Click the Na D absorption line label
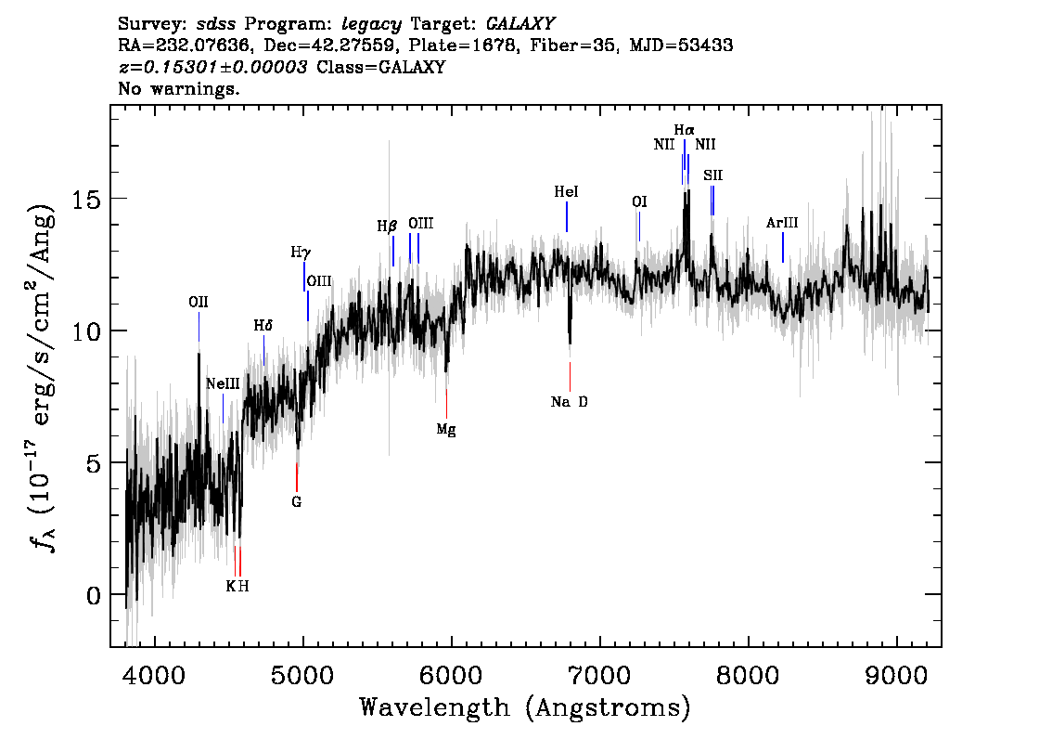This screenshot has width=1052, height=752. point(569,402)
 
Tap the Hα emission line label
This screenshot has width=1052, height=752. point(684,130)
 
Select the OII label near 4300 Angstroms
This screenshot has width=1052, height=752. point(198,302)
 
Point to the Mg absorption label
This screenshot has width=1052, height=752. point(446,429)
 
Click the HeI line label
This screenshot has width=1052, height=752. point(566,192)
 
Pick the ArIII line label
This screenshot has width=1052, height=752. point(782,223)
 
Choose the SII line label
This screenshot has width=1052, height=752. point(712,175)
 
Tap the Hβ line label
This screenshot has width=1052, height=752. point(387,226)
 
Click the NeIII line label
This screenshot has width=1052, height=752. point(223,383)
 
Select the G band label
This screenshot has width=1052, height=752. point(296,502)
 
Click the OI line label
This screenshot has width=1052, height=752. point(638,201)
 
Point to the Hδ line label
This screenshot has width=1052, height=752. point(263,326)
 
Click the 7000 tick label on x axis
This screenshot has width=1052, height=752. point(600,670)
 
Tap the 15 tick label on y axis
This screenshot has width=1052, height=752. point(85,199)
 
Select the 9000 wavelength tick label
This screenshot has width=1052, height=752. point(897,670)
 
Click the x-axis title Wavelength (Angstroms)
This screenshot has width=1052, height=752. point(525,707)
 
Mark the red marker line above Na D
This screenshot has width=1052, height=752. point(570,376)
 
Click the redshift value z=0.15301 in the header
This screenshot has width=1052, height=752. point(213,68)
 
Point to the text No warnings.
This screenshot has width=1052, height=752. point(179,89)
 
